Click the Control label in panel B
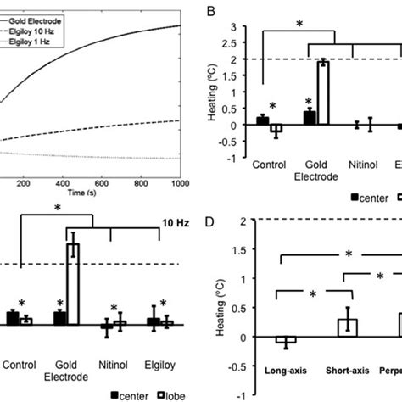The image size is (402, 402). click(x=268, y=168)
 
